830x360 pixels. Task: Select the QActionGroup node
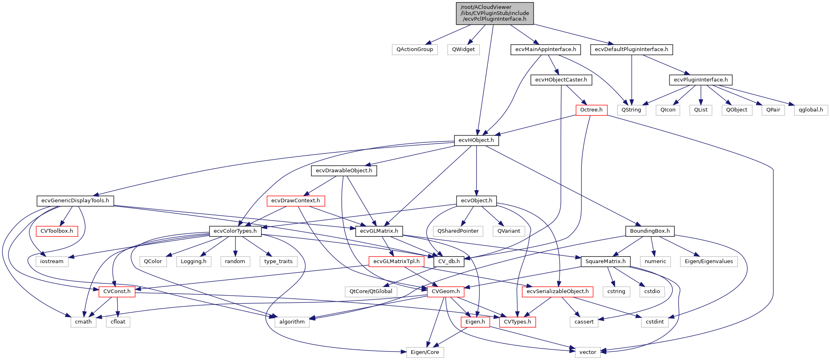pyautogui.click(x=414, y=49)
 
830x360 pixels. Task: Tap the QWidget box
pyautogui.click(x=463, y=49)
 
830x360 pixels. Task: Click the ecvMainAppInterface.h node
pyautogui.click(x=545, y=49)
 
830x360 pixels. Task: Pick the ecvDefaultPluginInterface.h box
pyautogui.click(x=631, y=49)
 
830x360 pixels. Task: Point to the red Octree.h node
pyautogui.click(x=591, y=110)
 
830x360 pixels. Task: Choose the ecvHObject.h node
pyautogui.click(x=476, y=140)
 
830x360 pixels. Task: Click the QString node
pyautogui.click(x=631, y=110)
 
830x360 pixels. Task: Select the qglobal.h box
pyautogui.click(x=811, y=110)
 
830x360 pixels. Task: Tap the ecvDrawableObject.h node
pyautogui.click(x=344, y=171)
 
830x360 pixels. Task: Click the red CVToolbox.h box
pyautogui.click(x=57, y=231)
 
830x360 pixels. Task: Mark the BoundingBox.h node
pyautogui.click(x=650, y=231)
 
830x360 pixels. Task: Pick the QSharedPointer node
pyautogui.click(x=458, y=231)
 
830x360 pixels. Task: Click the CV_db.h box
pyautogui.click(x=449, y=261)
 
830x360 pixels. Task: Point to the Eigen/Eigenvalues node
pyautogui.click(x=709, y=261)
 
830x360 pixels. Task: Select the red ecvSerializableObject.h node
pyautogui.click(x=558, y=291)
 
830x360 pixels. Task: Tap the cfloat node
pyautogui.click(x=118, y=322)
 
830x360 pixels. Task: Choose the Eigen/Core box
pyautogui.click(x=425, y=352)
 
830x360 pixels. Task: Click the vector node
pyautogui.click(x=588, y=352)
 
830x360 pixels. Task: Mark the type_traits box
pyautogui.click(x=278, y=261)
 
